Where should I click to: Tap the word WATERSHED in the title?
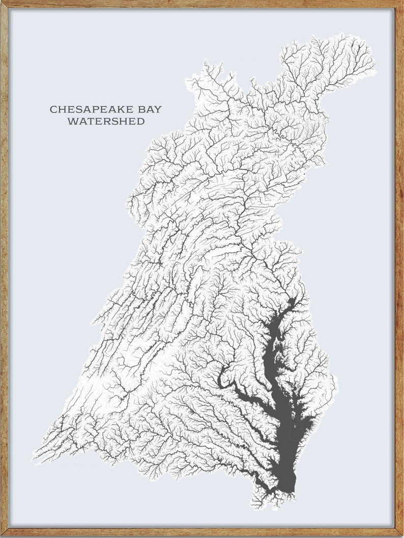106,121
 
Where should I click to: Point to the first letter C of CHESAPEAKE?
53,109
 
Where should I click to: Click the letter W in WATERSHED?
72,121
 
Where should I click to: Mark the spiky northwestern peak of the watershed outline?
206,64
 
